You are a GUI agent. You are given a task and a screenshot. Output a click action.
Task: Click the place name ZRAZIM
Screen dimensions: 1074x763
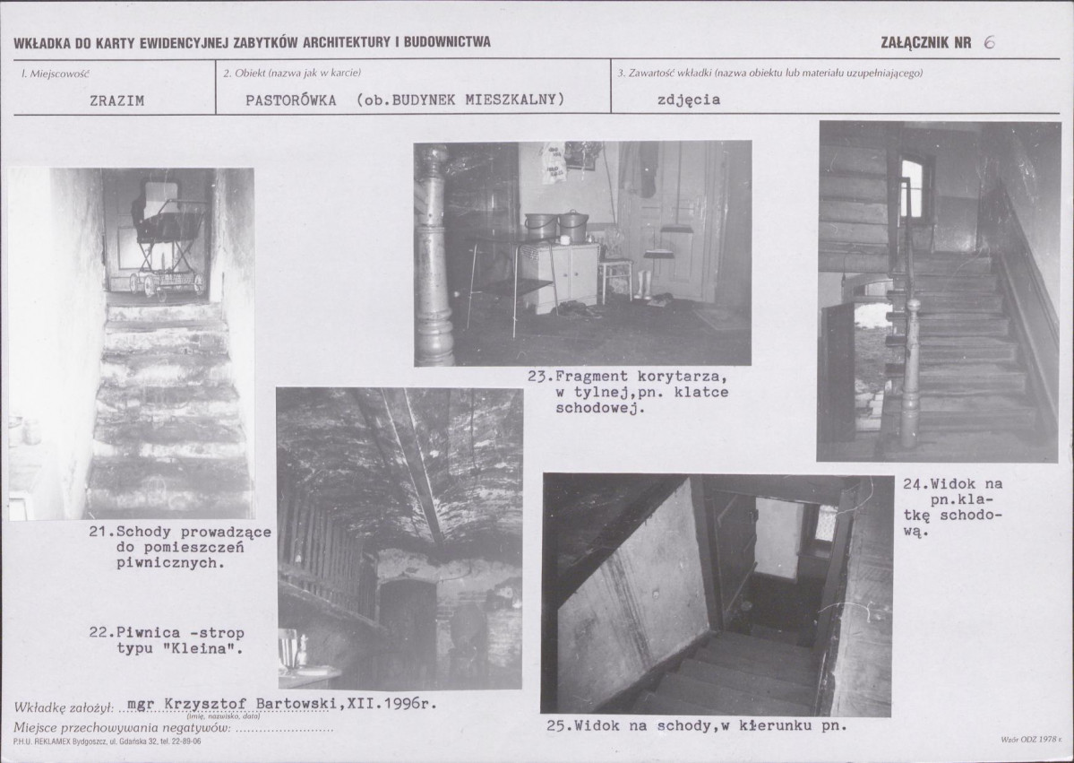[117, 100]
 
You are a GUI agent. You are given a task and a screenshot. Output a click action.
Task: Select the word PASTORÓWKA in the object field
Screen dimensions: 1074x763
[291, 100]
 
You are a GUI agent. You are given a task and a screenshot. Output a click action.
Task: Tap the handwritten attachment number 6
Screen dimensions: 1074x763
[989, 42]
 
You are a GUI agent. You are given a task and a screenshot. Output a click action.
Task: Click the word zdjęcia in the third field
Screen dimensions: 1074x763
[689, 100]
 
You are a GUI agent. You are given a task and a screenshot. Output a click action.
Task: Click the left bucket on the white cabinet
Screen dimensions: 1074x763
[541, 226]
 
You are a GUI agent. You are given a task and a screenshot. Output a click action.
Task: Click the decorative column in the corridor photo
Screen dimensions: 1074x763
[434, 254]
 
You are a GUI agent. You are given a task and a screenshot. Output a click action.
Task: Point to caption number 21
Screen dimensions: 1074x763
[100, 532]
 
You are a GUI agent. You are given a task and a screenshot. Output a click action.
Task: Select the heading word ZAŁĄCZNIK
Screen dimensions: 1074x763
[915, 42]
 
